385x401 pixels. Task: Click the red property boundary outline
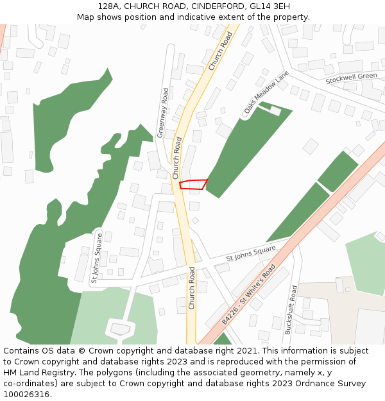(193, 185)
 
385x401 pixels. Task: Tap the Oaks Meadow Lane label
(266, 94)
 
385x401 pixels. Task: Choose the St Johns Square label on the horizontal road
(250, 253)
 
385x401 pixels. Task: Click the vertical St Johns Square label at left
(97, 258)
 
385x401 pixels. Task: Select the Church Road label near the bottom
(191, 288)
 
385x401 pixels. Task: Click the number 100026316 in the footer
(26, 395)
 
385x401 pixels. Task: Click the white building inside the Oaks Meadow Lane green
(275, 111)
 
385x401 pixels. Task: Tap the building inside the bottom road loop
(120, 328)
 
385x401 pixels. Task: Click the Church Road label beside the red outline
(176, 157)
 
